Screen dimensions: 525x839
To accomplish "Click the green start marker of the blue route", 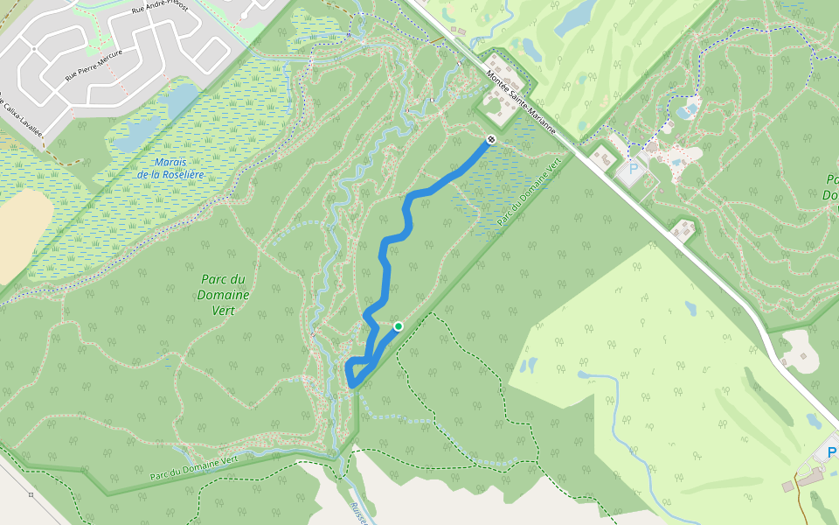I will coord(399,326).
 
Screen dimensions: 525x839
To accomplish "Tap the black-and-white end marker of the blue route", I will coord(492,139).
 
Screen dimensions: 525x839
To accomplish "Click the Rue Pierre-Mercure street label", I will coord(94,65).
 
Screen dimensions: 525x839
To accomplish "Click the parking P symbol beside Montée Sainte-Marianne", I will coord(633,167).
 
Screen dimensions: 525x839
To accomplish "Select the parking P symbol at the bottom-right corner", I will coord(831,451).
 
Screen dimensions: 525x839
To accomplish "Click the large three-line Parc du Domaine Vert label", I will coord(224,295).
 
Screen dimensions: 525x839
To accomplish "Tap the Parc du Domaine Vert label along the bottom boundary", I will coord(194,468).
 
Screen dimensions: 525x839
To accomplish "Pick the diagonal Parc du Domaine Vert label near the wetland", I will coord(528,195).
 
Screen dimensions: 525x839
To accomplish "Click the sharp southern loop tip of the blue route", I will coord(351,383).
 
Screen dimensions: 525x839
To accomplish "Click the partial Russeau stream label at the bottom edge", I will coord(358,513).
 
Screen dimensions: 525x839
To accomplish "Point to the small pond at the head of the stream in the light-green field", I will coord(530,362).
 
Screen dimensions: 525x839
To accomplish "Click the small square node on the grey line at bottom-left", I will coord(31,495).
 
